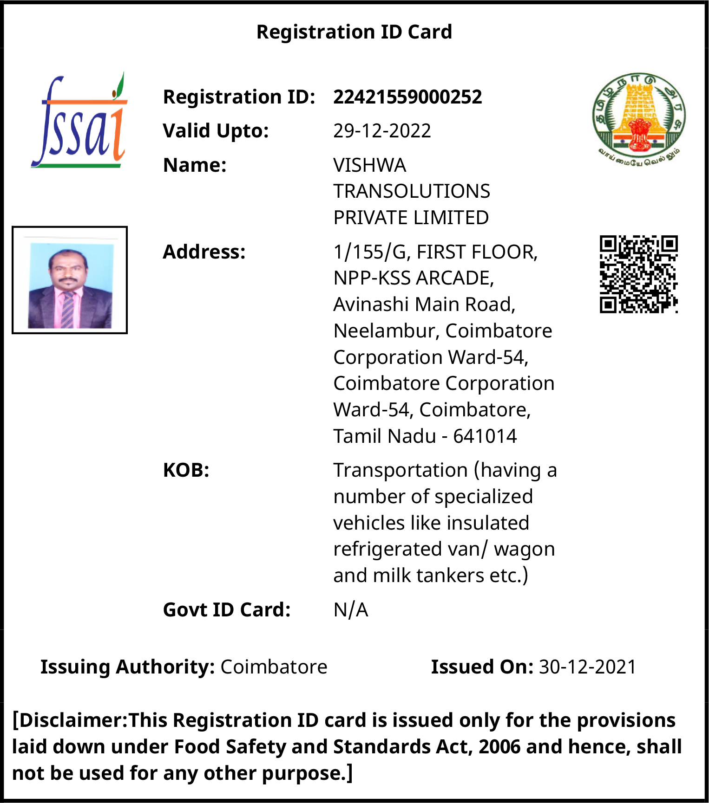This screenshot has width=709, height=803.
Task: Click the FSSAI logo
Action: [79, 121]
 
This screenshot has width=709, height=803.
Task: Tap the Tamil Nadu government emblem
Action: [638, 118]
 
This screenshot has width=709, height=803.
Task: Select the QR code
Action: [638, 274]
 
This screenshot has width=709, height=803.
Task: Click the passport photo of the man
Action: [70, 280]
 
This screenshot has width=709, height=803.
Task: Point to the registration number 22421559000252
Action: [407, 97]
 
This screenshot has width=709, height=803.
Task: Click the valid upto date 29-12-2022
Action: [382, 131]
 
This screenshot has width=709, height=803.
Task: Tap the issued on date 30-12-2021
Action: [587, 667]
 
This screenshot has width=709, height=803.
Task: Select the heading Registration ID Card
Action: [354, 32]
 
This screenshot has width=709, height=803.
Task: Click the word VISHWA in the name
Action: [369, 165]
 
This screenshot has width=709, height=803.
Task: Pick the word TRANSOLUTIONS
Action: [412, 191]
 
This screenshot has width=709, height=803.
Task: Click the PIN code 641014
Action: [485, 436]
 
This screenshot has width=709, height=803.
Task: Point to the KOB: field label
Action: [186, 470]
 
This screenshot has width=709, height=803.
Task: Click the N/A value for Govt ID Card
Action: [351, 610]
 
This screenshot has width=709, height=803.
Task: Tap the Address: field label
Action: [204, 252]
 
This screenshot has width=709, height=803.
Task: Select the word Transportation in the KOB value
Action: [400, 470]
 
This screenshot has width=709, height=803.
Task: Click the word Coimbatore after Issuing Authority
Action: [274, 667]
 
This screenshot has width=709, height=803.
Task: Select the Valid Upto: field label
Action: [216, 131]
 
